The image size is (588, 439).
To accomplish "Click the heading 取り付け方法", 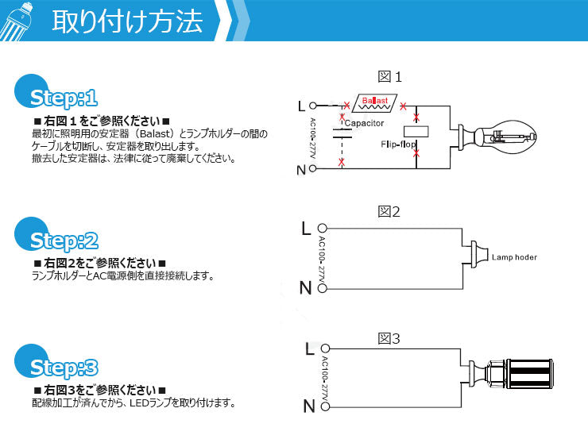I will (x=127, y=21).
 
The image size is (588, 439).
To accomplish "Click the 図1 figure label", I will (x=390, y=77).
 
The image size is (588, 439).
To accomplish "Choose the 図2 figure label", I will (x=389, y=212).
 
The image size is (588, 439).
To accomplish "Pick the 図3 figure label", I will (x=389, y=339).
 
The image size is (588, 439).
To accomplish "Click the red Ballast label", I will (x=375, y=102).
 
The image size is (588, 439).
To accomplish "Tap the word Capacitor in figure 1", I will (x=365, y=124).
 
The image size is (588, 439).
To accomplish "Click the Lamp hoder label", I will (x=514, y=258).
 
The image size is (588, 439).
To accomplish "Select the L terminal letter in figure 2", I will (x=306, y=229).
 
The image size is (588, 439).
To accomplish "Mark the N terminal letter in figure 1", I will (x=301, y=170).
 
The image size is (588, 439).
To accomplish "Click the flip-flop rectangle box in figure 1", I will (x=416, y=132).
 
